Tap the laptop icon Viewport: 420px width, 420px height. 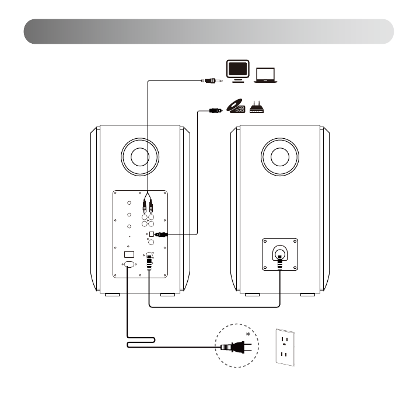(x=265, y=75)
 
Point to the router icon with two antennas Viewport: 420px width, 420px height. (x=257, y=107)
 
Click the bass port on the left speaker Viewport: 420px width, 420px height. (x=139, y=157)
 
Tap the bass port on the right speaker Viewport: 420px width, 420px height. (x=279, y=157)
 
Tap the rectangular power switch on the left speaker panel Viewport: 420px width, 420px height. (x=130, y=254)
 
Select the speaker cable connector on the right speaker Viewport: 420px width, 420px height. (x=279, y=256)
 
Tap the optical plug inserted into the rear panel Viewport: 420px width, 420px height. (x=160, y=234)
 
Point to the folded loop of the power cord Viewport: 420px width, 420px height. (x=140, y=341)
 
